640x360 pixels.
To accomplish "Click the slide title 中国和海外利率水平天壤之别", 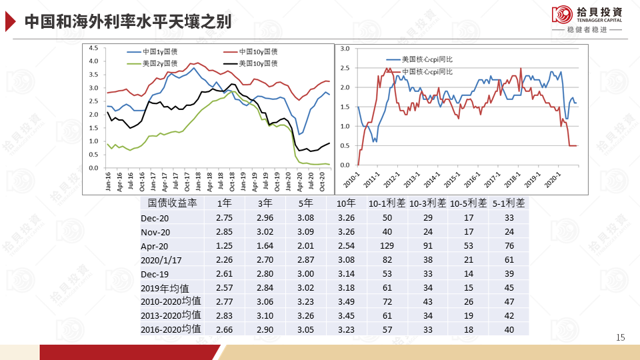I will tap(127, 21).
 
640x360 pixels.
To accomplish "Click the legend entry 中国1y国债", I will tap(162, 51).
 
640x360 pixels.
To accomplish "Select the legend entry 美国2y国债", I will tap(162, 63).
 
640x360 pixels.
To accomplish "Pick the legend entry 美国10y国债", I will tap(257, 63).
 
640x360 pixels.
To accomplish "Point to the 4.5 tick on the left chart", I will tap(93, 48).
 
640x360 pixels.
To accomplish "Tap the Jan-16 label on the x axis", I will tap(108, 181).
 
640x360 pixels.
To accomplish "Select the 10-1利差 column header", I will tap(387, 203).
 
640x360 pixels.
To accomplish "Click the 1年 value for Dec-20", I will tap(224, 218).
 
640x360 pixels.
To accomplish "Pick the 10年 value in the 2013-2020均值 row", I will tap(347, 315).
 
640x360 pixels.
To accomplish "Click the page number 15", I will tap(621, 338).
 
